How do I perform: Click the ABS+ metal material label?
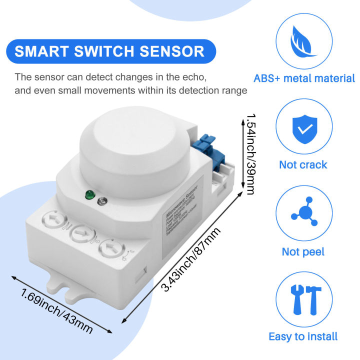[304, 78]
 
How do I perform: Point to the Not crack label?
[303, 164]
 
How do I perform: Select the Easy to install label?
[303, 336]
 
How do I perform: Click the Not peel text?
[303, 251]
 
